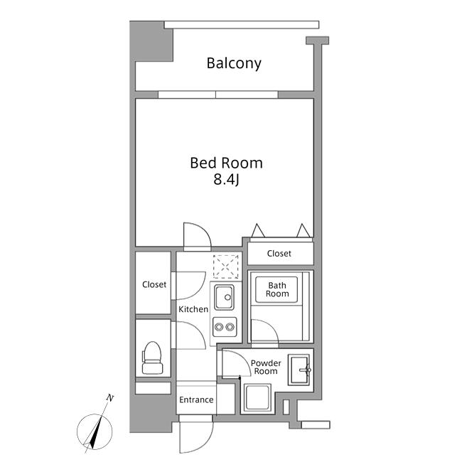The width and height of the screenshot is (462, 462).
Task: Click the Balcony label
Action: coord(234,64)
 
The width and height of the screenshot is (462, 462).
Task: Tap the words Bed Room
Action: coord(226,163)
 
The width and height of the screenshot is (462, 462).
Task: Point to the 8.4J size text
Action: coord(226,179)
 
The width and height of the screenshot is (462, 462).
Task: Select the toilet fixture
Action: coord(152,358)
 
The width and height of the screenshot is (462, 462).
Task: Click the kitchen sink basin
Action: coord(224,297)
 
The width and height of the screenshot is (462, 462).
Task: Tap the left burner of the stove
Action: coord(219,327)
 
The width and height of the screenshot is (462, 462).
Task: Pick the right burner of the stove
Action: coord(230,327)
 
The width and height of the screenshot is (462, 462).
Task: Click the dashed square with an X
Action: coord(226,267)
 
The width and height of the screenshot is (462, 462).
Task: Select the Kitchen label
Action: coord(193,309)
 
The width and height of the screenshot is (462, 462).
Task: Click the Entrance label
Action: coord(196,400)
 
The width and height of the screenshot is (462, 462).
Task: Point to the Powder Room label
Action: coord(266,367)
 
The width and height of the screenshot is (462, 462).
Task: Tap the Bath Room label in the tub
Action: coord(277,289)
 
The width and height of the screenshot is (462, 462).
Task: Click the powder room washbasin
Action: coord(299,370)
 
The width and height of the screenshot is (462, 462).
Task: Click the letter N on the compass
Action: coord(110,398)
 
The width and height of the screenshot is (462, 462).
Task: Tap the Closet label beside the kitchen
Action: coord(154,284)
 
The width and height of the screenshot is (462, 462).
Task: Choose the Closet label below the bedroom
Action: coord(279,254)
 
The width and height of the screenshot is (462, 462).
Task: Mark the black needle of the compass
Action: coord(97,431)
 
